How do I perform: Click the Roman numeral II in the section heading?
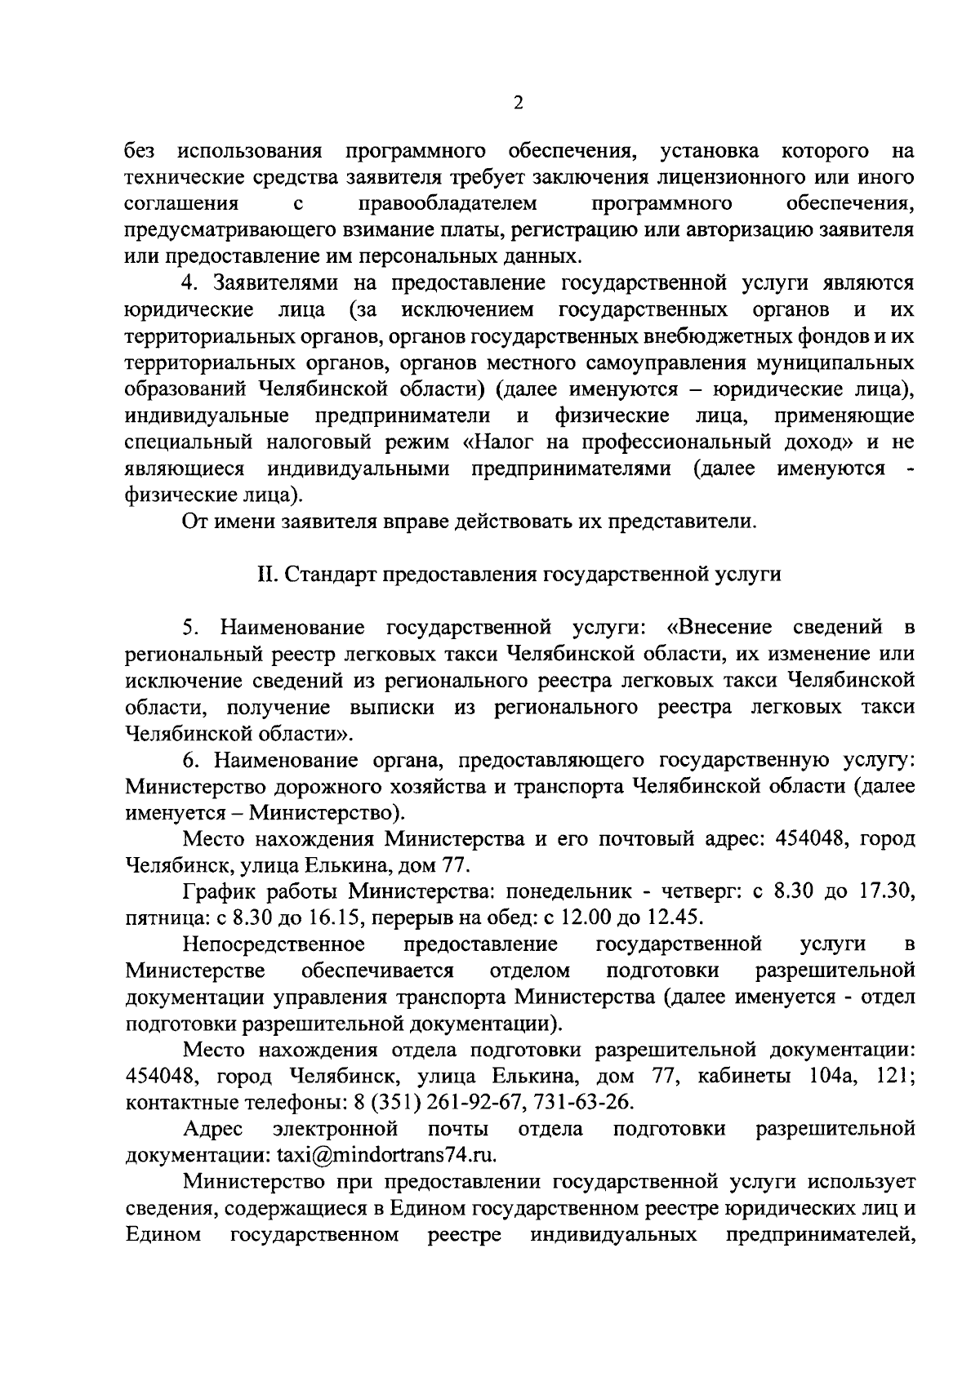(268, 575)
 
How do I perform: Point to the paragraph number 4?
(189, 283)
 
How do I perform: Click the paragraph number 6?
(189, 760)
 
